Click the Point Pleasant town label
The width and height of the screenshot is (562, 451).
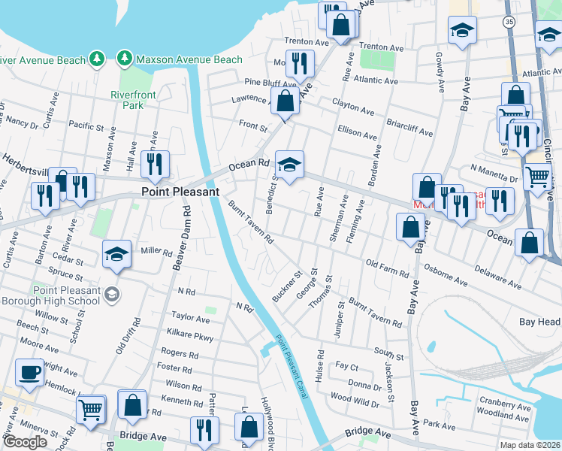click(x=180, y=192)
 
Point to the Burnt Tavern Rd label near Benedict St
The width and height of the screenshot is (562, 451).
click(x=250, y=222)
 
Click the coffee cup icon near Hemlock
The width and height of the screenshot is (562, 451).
click(x=29, y=373)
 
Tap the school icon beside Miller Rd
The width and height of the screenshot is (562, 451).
click(x=116, y=254)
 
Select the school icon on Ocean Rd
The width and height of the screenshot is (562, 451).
click(x=289, y=163)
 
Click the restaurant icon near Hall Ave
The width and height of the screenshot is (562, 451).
click(x=155, y=164)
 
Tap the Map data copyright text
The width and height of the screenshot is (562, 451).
click(x=530, y=445)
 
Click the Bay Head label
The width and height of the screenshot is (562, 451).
click(x=539, y=322)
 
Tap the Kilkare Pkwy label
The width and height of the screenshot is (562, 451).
click(x=192, y=336)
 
